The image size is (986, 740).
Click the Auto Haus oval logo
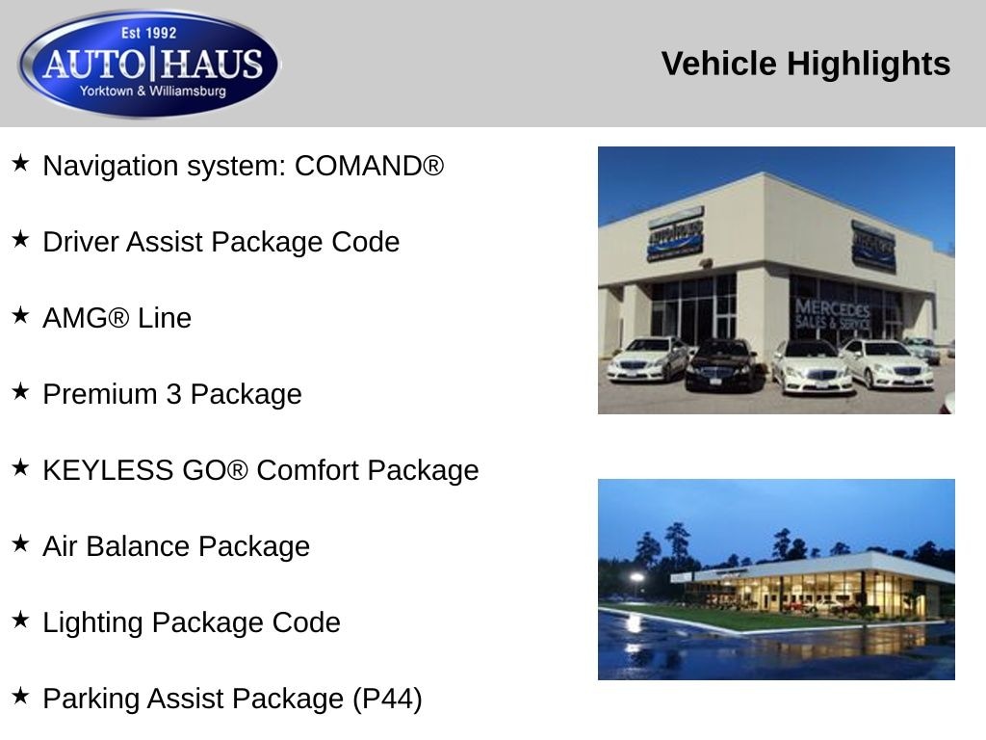tap(149, 64)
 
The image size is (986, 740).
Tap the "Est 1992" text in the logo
tap(149, 33)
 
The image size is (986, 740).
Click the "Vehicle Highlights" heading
tap(806, 64)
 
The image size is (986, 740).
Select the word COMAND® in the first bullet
tap(369, 166)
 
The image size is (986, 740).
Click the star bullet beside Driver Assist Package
tap(20, 239)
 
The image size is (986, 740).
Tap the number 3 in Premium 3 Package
tap(174, 394)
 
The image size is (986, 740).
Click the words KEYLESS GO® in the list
tap(145, 470)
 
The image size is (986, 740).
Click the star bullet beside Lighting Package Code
tap(20, 620)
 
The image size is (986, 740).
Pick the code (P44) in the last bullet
tap(387, 700)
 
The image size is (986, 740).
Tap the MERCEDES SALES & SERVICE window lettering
tap(833, 314)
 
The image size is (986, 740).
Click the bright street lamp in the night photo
tap(636, 577)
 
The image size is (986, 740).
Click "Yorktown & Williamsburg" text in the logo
tap(152, 92)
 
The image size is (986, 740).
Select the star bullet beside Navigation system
tap(20, 163)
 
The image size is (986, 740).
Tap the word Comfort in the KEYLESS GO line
tap(307, 470)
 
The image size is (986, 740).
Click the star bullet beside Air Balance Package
tap(20, 543)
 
